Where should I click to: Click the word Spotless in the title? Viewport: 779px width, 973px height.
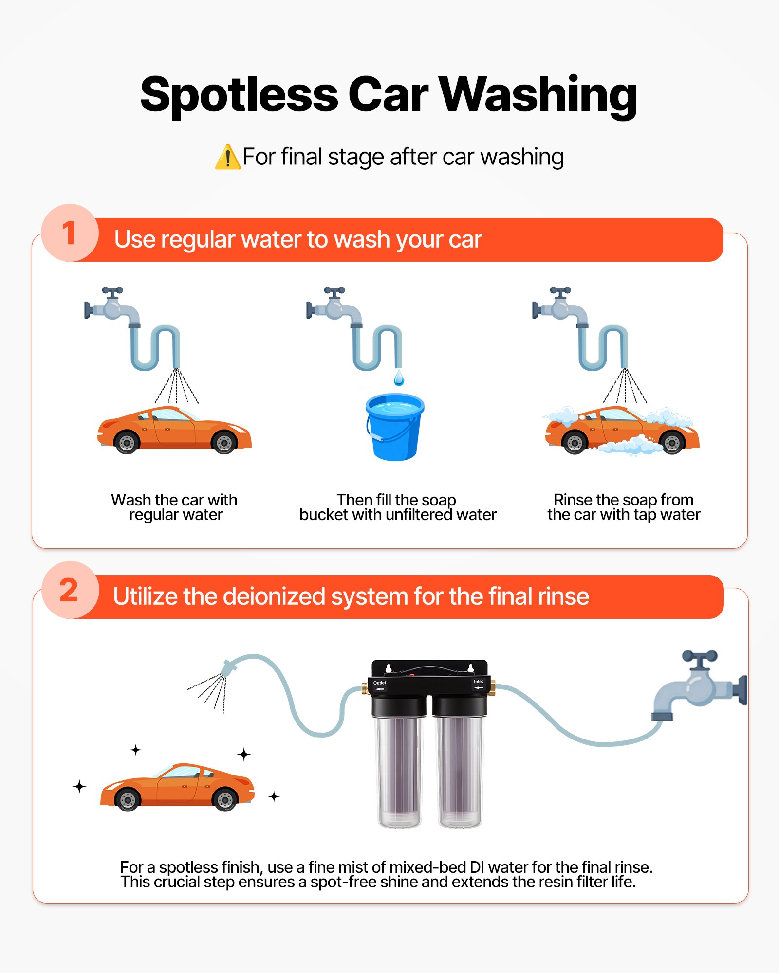(x=239, y=95)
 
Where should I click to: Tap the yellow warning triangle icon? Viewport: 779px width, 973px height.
(x=227, y=158)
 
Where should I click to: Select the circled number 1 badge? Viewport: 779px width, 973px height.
(x=70, y=233)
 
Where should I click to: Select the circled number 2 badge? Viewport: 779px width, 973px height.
(x=70, y=590)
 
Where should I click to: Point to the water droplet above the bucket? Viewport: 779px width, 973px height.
(x=399, y=378)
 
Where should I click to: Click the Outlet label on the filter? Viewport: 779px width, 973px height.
(x=379, y=683)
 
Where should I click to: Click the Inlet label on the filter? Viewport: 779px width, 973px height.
(x=478, y=681)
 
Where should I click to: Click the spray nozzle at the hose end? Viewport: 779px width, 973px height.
(x=229, y=667)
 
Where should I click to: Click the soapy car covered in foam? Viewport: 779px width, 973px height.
(x=622, y=431)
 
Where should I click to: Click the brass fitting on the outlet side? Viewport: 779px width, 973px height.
(x=365, y=688)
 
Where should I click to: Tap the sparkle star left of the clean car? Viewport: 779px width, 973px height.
(x=79, y=786)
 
